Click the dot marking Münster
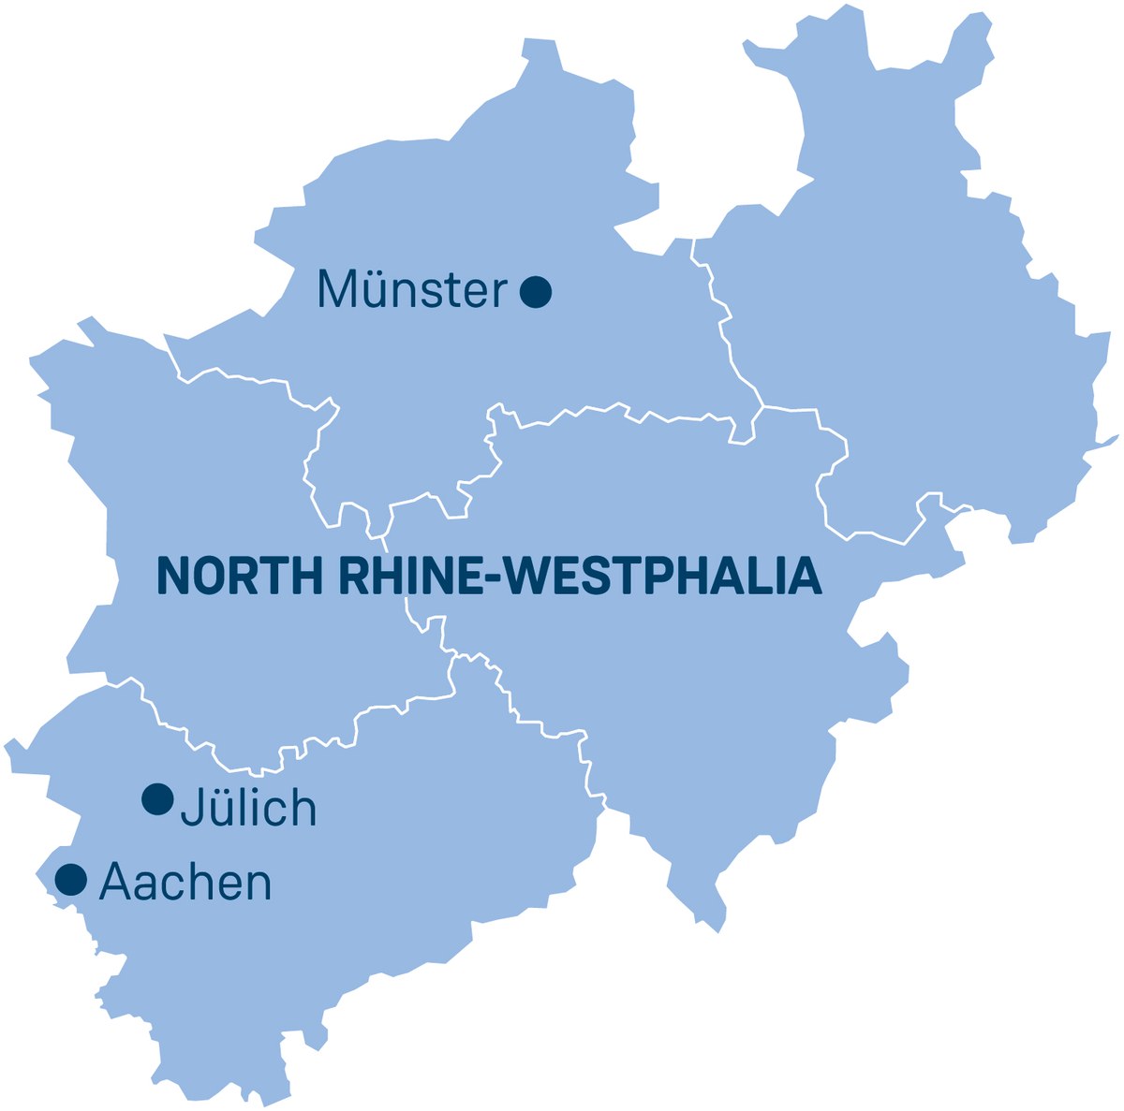coord(536,292)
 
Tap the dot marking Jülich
coord(157,799)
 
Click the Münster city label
coord(412,290)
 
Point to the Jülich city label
coord(248,807)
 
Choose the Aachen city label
coord(185,882)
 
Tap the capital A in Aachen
coord(114,882)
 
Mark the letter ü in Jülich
coord(219,809)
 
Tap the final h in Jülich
coord(303,807)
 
